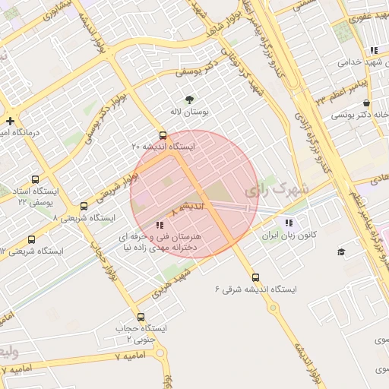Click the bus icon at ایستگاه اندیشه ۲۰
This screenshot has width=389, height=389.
pyautogui.click(x=163, y=134)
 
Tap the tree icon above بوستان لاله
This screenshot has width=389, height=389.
pyautogui.click(x=189, y=100)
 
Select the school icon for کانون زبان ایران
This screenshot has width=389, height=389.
pyautogui.click(x=288, y=223)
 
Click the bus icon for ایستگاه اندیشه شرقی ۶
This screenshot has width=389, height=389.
pyautogui.click(x=255, y=277)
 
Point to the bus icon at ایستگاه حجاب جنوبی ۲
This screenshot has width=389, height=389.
pyautogui.click(x=141, y=317)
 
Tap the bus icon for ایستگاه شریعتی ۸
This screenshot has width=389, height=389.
pyautogui.click(x=84, y=206)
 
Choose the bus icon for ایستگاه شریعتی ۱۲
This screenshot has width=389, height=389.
pyautogui.click(x=31, y=239)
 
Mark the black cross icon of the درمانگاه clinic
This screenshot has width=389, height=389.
pyautogui.click(x=10, y=121)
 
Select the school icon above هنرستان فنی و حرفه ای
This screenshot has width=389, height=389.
pyautogui.click(x=159, y=225)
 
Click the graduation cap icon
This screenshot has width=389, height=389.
pyautogui.click(x=341, y=251)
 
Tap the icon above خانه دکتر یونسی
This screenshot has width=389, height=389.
pyautogui.click(x=367, y=103)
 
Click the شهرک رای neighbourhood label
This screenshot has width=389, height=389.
pyautogui.click(x=280, y=188)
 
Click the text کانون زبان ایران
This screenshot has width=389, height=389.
pyautogui.click(x=289, y=236)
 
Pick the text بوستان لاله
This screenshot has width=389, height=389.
pyautogui.click(x=188, y=112)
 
